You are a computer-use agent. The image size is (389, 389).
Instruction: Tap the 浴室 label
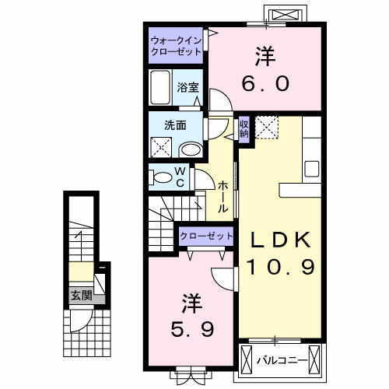(186, 87)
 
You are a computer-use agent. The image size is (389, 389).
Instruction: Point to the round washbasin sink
(189, 149)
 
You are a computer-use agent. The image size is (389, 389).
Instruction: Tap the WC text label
(179, 177)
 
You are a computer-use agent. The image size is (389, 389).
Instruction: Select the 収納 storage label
(244, 129)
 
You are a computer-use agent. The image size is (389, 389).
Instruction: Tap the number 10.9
(280, 267)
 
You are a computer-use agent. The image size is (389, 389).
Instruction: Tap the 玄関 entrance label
(81, 296)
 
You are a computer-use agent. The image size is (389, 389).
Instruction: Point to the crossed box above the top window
(281, 14)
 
